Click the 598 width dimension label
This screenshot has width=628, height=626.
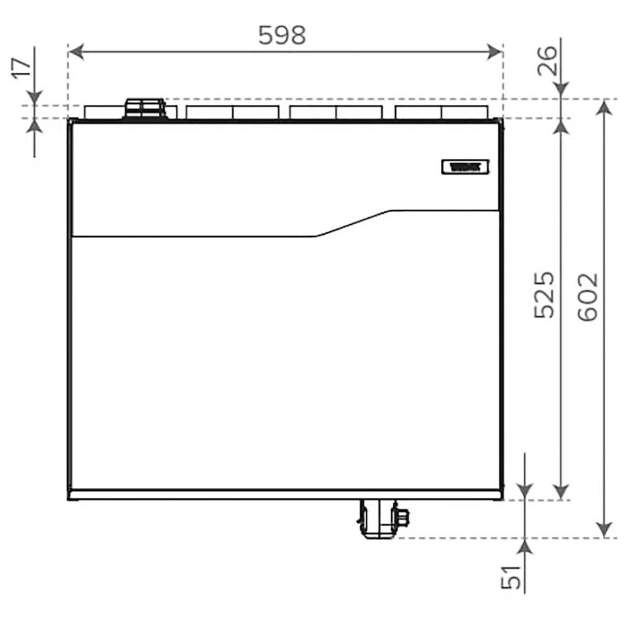(282, 36)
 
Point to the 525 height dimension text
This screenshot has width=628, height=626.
(545, 295)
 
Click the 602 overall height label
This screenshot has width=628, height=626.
(587, 298)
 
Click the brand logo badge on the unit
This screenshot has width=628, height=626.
(465, 167)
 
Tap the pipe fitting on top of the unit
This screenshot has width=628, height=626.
(145, 108)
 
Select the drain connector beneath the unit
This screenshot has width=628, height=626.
(377, 519)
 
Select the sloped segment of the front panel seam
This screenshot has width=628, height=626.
(354, 224)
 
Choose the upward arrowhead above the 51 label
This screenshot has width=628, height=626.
(526, 546)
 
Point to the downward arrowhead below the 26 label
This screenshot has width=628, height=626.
(561, 90)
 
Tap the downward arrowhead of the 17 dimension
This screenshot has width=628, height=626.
(35, 97)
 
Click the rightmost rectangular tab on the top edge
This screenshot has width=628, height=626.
(465, 112)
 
